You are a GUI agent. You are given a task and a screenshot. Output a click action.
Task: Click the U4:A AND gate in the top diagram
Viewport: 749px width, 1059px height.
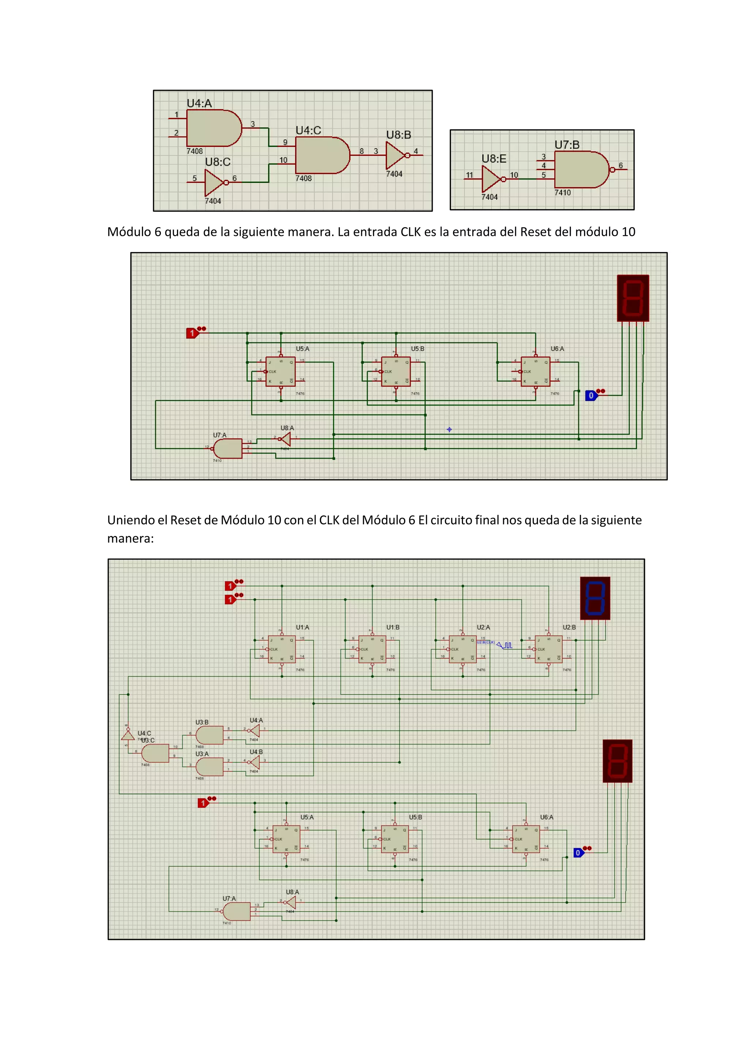pos(212,128)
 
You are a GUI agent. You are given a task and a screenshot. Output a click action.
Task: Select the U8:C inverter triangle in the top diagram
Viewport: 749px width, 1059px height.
pos(214,182)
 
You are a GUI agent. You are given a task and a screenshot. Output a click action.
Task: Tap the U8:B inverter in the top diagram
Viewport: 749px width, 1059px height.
pos(396,155)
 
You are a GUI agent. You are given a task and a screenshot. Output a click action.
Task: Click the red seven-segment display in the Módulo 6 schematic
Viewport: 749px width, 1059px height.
pos(633,298)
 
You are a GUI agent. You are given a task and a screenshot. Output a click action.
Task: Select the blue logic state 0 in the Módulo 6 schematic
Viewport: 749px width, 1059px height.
pos(591,396)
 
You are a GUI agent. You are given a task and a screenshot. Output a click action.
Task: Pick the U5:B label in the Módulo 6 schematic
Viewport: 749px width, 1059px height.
pos(417,349)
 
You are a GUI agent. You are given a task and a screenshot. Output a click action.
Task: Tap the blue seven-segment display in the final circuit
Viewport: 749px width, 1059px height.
pos(595,598)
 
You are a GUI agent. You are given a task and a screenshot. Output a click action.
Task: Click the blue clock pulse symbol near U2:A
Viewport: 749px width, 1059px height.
pos(505,645)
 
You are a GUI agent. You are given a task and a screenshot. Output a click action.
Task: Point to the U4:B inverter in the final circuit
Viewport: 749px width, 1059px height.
pos(254,762)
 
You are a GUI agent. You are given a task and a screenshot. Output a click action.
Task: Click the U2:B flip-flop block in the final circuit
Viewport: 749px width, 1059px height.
pos(548,649)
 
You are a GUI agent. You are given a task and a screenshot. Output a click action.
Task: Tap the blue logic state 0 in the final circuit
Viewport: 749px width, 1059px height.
pos(578,853)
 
